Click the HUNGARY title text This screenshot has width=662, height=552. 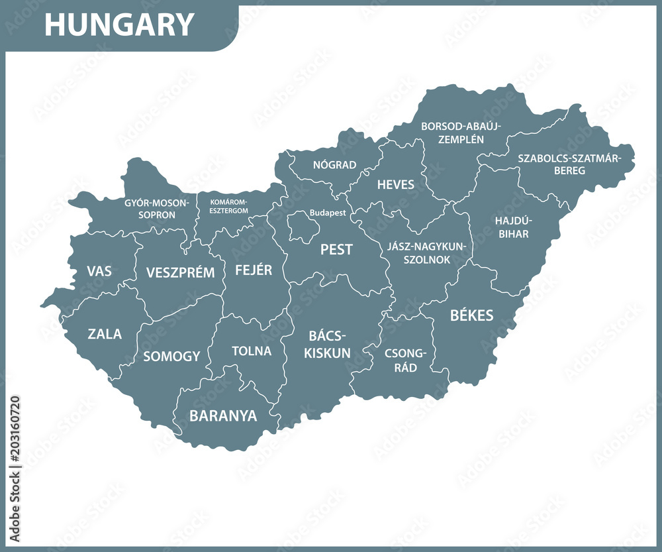[x=119, y=25]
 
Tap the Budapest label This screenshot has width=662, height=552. [x=328, y=213]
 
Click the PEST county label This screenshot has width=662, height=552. [x=336, y=250]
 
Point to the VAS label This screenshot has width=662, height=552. [x=99, y=271]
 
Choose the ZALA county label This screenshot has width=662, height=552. [x=105, y=334]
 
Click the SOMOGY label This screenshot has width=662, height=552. [x=171, y=356]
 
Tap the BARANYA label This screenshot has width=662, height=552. [x=223, y=416]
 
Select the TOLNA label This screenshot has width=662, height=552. [x=252, y=351]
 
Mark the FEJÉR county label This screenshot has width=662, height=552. [x=254, y=270]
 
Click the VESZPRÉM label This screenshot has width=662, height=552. [x=180, y=272]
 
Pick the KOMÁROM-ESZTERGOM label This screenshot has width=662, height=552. [x=229, y=206]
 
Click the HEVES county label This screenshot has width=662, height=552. [x=396, y=184]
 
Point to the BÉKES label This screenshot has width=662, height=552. [x=472, y=315]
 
